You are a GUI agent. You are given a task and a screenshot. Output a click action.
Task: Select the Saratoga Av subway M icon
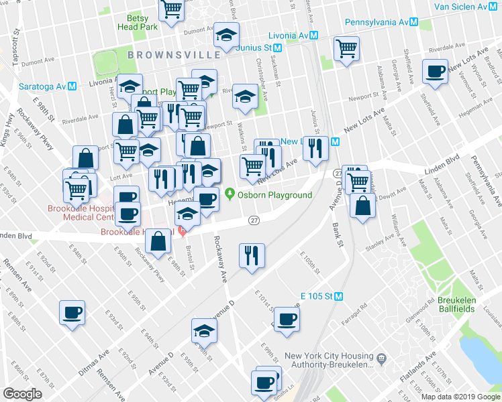click(x=72, y=86)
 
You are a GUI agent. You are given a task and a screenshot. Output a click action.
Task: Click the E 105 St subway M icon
click(x=339, y=296)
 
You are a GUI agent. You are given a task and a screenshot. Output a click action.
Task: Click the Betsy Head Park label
click(x=138, y=22)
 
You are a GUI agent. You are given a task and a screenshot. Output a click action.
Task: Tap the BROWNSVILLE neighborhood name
click(x=174, y=54)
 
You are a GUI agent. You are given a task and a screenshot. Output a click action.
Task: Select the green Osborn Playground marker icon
click(x=230, y=195)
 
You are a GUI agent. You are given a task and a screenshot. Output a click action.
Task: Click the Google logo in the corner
click(x=22, y=394)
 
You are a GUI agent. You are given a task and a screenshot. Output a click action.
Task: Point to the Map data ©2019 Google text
click(x=460, y=397)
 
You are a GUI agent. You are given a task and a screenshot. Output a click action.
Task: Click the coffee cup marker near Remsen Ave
click(x=72, y=312)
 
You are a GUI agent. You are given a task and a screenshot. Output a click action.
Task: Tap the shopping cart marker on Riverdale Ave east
click(x=346, y=48)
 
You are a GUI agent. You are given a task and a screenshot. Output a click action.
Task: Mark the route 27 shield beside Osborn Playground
click(x=254, y=220)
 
